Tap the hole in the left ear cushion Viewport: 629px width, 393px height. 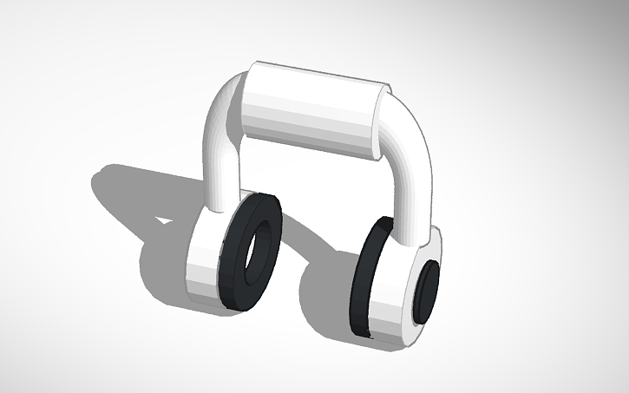coord(253,252)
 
